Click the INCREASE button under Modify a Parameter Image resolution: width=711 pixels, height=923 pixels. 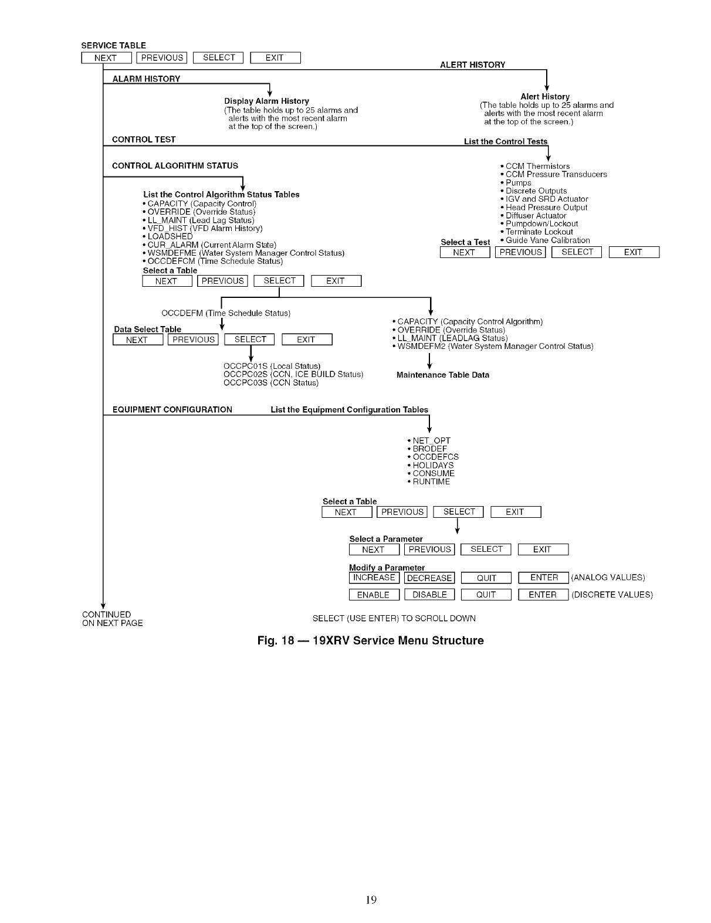(374, 578)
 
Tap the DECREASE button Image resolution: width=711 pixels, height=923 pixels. (429, 578)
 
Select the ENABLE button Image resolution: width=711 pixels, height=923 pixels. (374, 595)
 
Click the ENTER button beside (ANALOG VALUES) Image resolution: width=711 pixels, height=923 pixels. (544, 578)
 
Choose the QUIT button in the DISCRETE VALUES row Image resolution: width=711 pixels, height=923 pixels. (486, 595)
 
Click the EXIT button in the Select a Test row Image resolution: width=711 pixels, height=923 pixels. (634, 252)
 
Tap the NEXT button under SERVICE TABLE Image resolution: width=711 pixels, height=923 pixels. (106, 57)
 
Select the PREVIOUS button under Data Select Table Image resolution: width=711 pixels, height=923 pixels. (194, 340)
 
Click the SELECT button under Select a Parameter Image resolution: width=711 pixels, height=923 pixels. (486, 549)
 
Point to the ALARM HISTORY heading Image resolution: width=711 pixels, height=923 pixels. (146, 79)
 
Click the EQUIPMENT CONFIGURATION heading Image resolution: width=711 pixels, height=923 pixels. (172, 409)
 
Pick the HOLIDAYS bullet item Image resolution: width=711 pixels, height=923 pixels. (433, 465)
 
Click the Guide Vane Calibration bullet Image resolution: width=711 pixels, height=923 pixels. (547, 240)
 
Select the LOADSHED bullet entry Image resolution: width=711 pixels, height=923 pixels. (170, 236)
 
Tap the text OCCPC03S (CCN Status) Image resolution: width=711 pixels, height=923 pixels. (271, 383)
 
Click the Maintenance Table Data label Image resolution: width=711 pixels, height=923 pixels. (443, 375)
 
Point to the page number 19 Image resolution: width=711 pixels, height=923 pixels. (371, 900)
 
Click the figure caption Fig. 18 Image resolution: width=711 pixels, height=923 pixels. (370, 640)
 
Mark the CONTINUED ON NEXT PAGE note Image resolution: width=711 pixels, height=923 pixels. (112, 619)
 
